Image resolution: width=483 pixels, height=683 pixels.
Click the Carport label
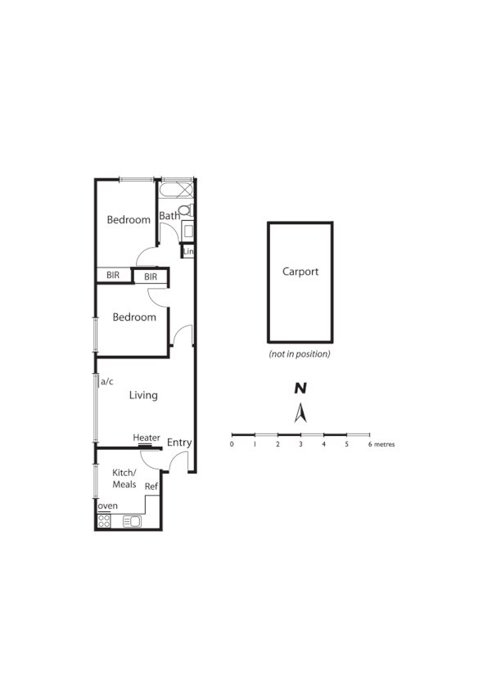pos(300,272)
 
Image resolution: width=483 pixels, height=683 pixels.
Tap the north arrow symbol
pos(300,412)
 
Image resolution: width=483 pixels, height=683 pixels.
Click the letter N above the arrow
pos(300,389)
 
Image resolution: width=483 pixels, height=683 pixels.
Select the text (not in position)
pos(300,354)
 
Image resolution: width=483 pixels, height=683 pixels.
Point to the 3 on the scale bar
pos(300,444)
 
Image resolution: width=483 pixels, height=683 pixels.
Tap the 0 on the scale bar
pos(232,444)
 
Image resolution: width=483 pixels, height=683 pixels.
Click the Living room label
pos(143,396)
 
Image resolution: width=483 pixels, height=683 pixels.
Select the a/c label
pos(106,381)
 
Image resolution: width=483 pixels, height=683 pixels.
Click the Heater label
pos(147,438)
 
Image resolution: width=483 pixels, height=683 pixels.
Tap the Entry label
pos(179,443)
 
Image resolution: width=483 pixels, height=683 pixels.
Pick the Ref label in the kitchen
pos(151,487)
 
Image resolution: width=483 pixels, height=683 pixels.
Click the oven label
pos(108,506)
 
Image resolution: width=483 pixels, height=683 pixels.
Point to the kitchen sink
pos(132,521)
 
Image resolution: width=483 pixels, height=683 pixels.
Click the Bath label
pos(169,217)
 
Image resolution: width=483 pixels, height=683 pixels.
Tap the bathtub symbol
pos(175,190)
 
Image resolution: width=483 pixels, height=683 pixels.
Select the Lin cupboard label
pos(187,251)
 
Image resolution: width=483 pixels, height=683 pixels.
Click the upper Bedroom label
pos(129,220)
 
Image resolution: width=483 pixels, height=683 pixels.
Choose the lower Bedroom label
pos(134,317)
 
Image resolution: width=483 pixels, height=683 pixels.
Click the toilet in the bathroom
pos(186,211)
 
